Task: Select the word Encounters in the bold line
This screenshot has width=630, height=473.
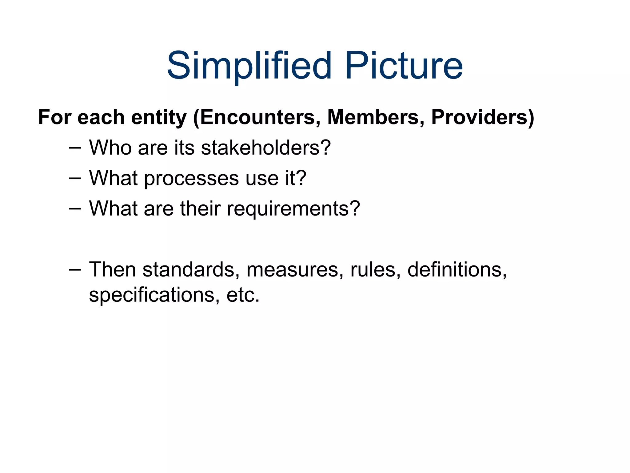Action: [261, 117]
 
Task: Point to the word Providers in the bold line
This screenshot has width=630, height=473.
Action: [479, 117]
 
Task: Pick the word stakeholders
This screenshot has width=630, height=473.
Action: [266, 148]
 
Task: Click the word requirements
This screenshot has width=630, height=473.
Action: [293, 209]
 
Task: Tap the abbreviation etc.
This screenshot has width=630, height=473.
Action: [243, 295]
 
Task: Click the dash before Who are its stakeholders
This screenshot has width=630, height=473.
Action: [75, 148]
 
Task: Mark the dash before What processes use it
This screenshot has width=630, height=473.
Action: [75, 178]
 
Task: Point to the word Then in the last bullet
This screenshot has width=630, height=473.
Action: [112, 270]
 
